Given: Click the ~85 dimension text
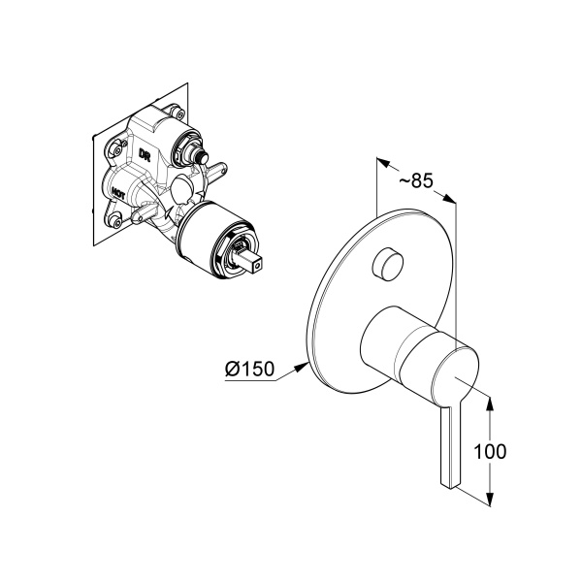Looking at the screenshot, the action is pyautogui.click(x=416, y=180).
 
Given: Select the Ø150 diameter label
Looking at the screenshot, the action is pyautogui.click(x=250, y=369).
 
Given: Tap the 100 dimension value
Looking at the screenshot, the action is pyautogui.click(x=490, y=452).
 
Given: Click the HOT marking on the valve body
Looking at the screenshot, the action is pyautogui.click(x=118, y=194).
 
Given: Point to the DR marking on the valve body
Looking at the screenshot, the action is pyautogui.click(x=145, y=154).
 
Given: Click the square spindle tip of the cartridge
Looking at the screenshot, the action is pyautogui.click(x=253, y=264).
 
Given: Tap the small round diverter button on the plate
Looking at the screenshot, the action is pyautogui.click(x=387, y=263).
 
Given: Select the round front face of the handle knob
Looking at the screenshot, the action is pyautogui.click(x=455, y=372).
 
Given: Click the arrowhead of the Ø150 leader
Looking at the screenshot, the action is pyautogui.click(x=301, y=367).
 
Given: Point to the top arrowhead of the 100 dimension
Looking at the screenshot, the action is pyautogui.click(x=490, y=404).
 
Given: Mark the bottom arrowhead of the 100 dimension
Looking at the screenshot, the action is pyautogui.click(x=490, y=499).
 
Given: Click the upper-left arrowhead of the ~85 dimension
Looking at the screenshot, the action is pyautogui.click(x=383, y=162).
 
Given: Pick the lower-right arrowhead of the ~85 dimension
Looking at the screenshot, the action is pyautogui.click(x=449, y=199).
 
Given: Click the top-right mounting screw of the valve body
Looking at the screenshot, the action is pyautogui.click(x=180, y=113).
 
